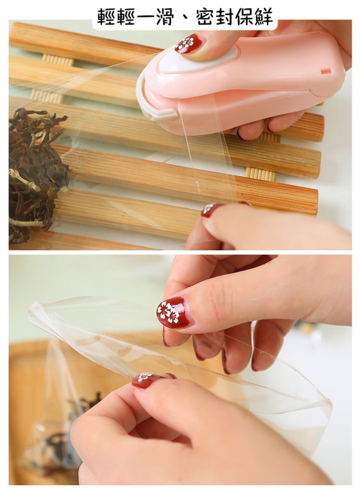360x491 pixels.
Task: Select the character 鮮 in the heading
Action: click(262, 16)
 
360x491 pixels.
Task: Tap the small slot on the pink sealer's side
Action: click(326, 70)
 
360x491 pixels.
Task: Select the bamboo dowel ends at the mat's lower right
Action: click(260, 173)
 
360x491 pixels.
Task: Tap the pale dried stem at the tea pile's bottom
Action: click(25, 223)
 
